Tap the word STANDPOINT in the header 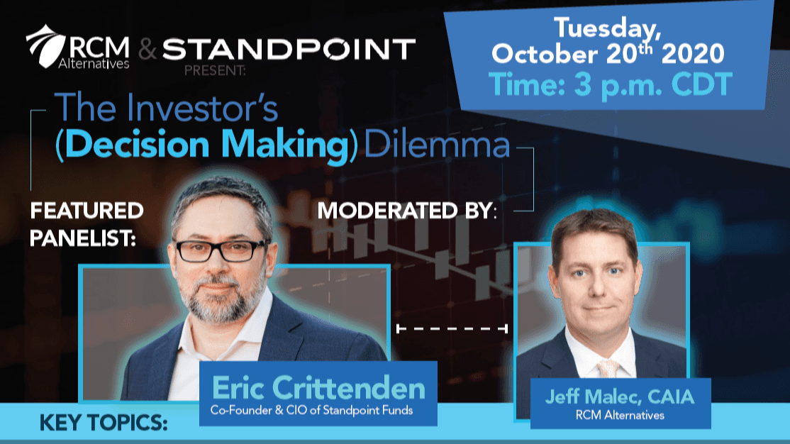pyautogui.click(x=289, y=50)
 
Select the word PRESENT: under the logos pyautogui.click(x=215, y=70)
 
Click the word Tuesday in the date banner pyautogui.click(x=607, y=29)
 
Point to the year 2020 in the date pyautogui.click(x=693, y=53)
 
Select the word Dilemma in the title pyautogui.click(x=437, y=145)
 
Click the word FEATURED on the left pyautogui.click(x=87, y=211)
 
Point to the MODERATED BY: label pyautogui.click(x=407, y=211)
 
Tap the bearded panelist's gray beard pyautogui.click(x=220, y=300)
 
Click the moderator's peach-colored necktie pyautogui.click(x=608, y=368)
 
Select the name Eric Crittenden pyautogui.click(x=318, y=388)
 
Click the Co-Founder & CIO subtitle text pyautogui.click(x=311, y=410)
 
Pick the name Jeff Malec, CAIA pyautogui.click(x=620, y=396)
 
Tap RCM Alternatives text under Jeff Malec pyautogui.click(x=620, y=415)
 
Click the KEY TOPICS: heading pyautogui.click(x=104, y=423)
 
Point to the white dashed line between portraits pyautogui.click(x=452, y=329)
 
